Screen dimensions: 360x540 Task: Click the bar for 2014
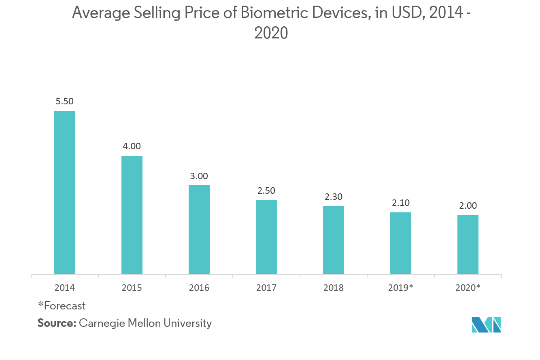tap(65, 193)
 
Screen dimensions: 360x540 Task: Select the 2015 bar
tap(132, 215)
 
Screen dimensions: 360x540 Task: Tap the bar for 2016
tap(199, 230)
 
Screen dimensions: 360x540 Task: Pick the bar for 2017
tap(266, 237)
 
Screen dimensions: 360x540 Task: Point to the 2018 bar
tap(334, 240)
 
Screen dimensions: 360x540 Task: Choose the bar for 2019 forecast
tap(401, 243)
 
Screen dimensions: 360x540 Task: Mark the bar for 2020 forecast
tap(468, 245)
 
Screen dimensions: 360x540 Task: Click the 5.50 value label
tap(65, 102)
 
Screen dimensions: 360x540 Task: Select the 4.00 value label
tap(132, 146)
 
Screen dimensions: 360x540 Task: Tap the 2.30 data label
tap(334, 197)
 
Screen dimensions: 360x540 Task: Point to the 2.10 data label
tap(401, 203)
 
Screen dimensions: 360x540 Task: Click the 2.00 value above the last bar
tap(468, 206)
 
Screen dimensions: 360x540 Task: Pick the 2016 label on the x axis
tap(199, 288)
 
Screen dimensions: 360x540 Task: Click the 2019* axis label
tap(401, 288)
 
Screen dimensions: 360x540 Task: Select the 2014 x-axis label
tap(65, 288)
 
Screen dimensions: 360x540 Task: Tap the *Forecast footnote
tap(62, 306)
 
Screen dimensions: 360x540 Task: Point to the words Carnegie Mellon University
tap(145, 324)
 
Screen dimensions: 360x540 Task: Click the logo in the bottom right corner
tap(486, 324)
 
